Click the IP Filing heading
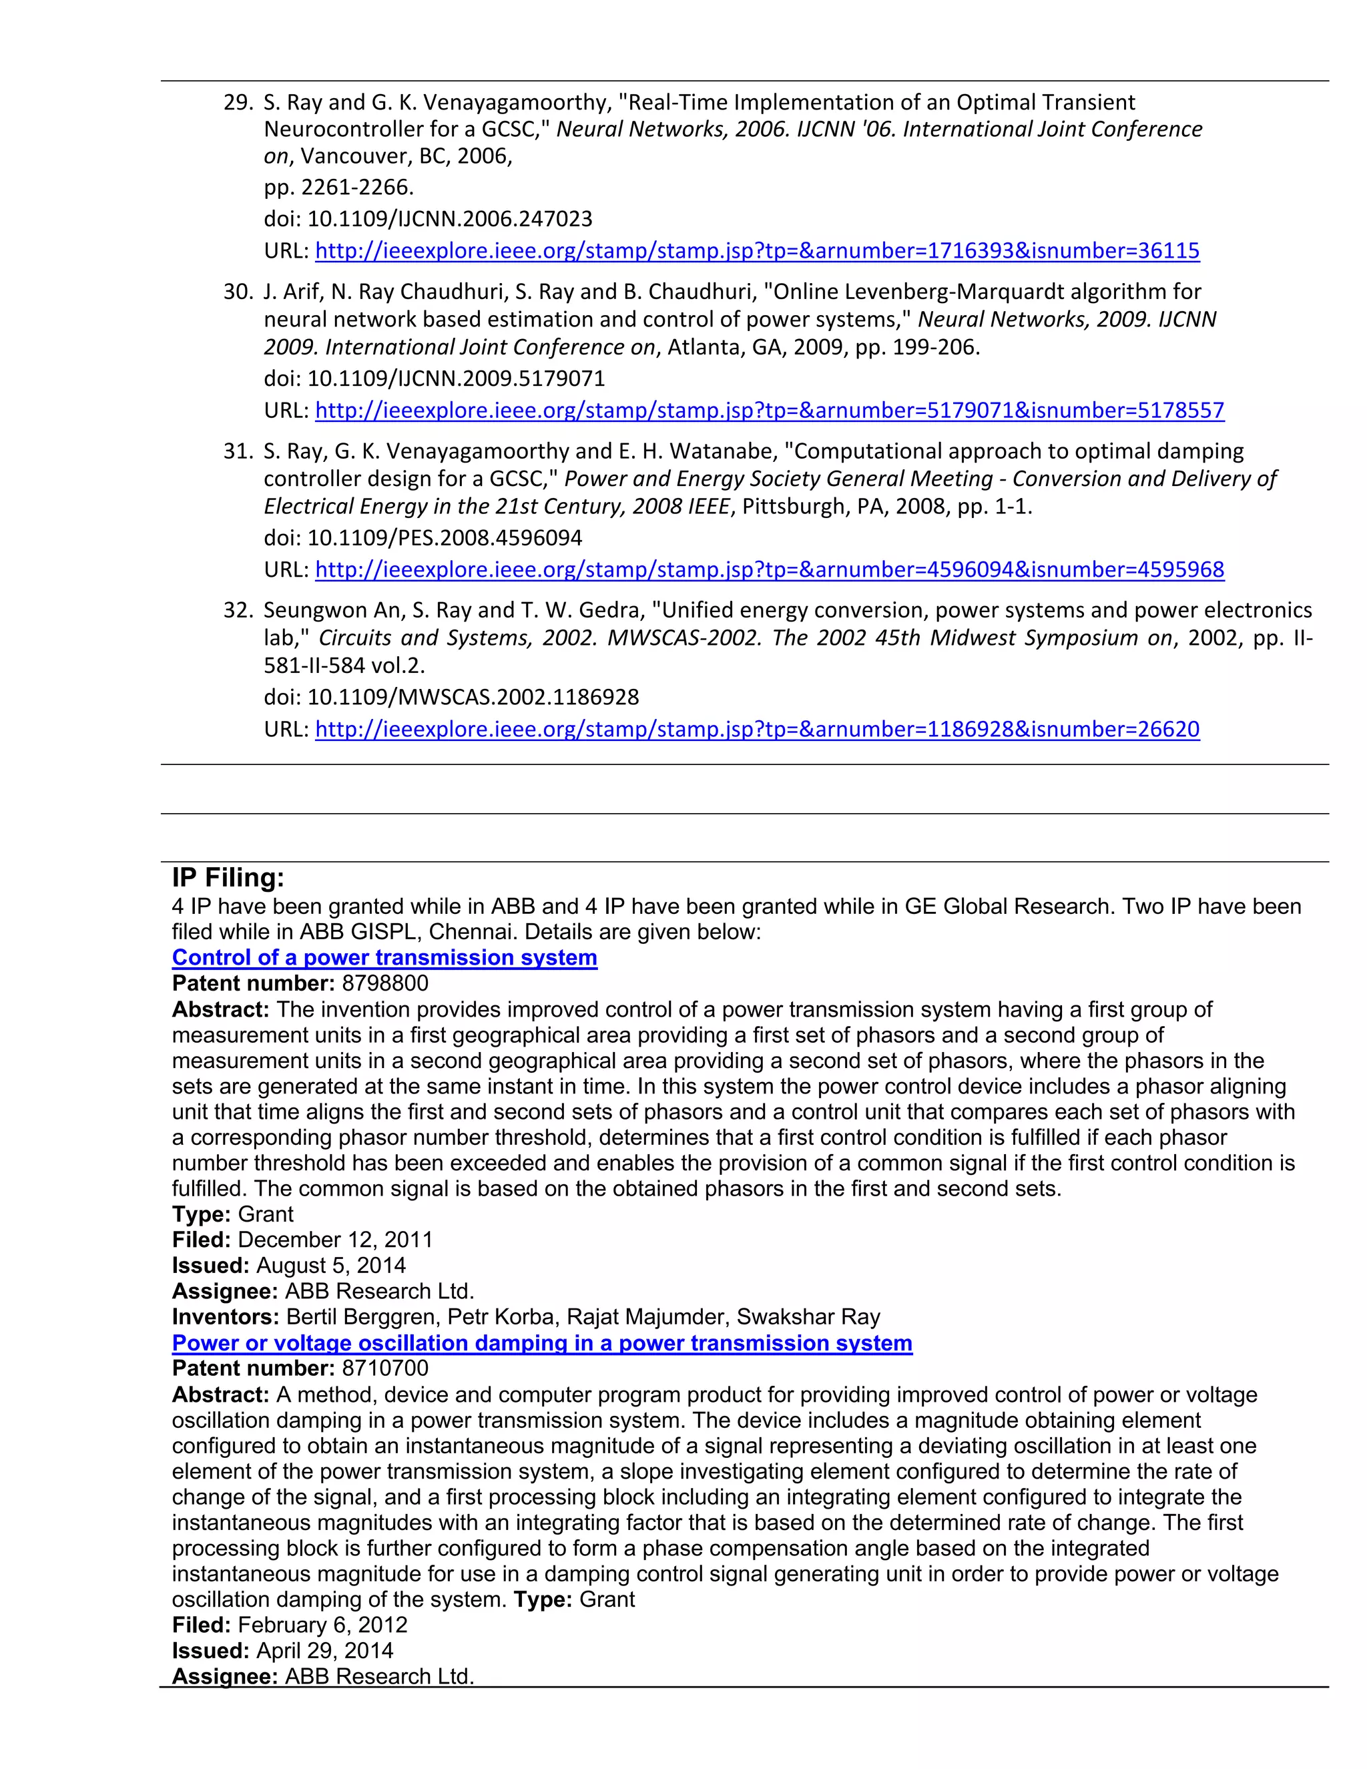[x=228, y=878]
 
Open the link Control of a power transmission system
[x=384, y=957]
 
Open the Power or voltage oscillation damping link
[x=542, y=1343]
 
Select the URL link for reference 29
[x=756, y=251]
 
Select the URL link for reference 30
[x=770, y=411]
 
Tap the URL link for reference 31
[x=770, y=569]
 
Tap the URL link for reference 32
[x=756, y=729]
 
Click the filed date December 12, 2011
[x=335, y=1240]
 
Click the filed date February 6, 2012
[x=322, y=1625]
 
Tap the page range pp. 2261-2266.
[x=338, y=187]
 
